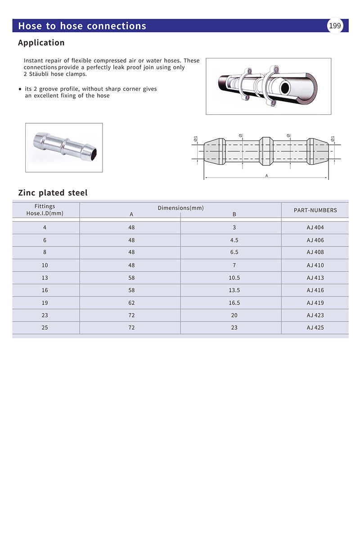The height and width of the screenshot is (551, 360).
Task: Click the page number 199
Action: pyautogui.click(x=335, y=26)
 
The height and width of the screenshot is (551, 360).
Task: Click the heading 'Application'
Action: pyautogui.click(x=41, y=43)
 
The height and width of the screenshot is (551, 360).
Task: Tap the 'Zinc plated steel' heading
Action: pyautogui.click(x=53, y=193)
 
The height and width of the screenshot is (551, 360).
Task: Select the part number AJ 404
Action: pyautogui.click(x=315, y=228)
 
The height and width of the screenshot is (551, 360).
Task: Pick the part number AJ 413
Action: pyautogui.click(x=315, y=278)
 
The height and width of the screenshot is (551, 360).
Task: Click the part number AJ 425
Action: pyautogui.click(x=315, y=328)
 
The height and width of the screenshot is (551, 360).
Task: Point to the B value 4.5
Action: pyautogui.click(x=234, y=240)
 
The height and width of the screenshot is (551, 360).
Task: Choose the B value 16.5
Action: pyautogui.click(x=234, y=303)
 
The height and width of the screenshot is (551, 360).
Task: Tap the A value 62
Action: pyautogui.click(x=131, y=303)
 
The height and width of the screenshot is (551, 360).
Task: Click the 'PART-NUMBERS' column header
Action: pyautogui.click(x=315, y=210)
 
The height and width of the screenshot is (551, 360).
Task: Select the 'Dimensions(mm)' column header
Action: pyautogui.click(x=180, y=208)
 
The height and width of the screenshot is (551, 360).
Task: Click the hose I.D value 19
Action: pyautogui.click(x=45, y=303)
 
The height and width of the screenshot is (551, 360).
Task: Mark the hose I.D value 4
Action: pyautogui.click(x=45, y=228)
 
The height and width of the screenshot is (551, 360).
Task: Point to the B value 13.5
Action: pyautogui.click(x=234, y=291)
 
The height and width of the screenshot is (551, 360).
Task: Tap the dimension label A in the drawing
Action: pyautogui.click(x=267, y=176)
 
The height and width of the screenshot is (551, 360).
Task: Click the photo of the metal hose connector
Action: pyautogui.click(x=64, y=148)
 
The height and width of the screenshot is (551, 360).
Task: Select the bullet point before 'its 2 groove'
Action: pyautogui.click(x=20, y=90)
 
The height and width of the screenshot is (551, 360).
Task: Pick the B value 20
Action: pyautogui.click(x=234, y=315)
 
